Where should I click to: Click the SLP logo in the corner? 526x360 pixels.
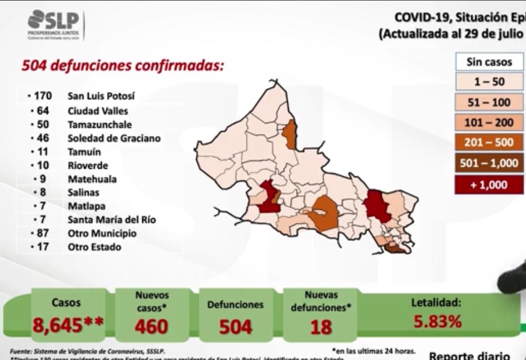(55, 25)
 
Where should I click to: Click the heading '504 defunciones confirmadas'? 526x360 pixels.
(122, 66)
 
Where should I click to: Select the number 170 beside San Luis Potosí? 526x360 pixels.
(43, 96)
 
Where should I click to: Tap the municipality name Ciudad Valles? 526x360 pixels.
(98, 111)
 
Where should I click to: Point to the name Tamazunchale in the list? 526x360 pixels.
(100, 124)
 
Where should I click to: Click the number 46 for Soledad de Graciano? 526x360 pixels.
(43, 138)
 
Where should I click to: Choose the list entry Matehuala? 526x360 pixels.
(93, 179)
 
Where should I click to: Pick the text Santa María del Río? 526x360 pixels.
(112, 219)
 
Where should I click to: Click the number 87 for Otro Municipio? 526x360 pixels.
(43, 233)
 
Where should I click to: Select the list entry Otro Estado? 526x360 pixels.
(94, 247)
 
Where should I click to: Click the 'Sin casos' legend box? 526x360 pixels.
(489, 62)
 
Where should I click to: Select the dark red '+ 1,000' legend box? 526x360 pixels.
(489, 184)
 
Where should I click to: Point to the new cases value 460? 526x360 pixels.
(151, 326)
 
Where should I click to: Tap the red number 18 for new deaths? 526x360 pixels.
(321, 327)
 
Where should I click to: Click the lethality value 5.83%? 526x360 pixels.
(437, 321)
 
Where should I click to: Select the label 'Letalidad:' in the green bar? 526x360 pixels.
(436, 302)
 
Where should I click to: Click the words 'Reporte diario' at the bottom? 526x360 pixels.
(469, 355)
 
